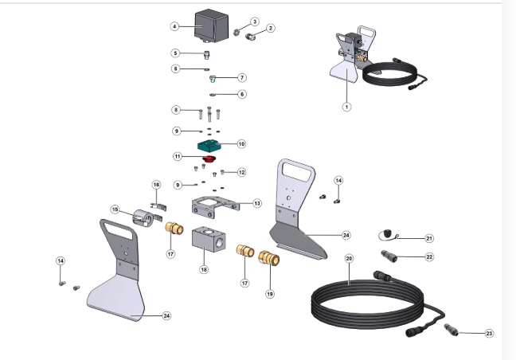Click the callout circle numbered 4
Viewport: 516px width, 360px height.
point(174,26)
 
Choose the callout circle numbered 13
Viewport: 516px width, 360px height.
point(257,203)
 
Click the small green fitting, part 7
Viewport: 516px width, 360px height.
point(213,78)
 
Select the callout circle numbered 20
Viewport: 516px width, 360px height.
point(349,259)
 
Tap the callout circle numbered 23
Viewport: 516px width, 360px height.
point(489,333)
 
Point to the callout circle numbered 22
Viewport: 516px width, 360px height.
point(428,256)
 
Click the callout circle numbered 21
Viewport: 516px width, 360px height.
point(428,238)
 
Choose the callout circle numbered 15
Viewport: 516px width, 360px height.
point(115,209)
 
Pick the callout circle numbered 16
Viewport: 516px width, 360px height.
point(156,185)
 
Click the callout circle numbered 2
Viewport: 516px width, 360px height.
point(270,29)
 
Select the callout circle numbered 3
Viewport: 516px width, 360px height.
point(255,22)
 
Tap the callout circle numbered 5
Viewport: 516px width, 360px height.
point(175,53)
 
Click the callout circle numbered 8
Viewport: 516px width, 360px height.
point(175,109)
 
